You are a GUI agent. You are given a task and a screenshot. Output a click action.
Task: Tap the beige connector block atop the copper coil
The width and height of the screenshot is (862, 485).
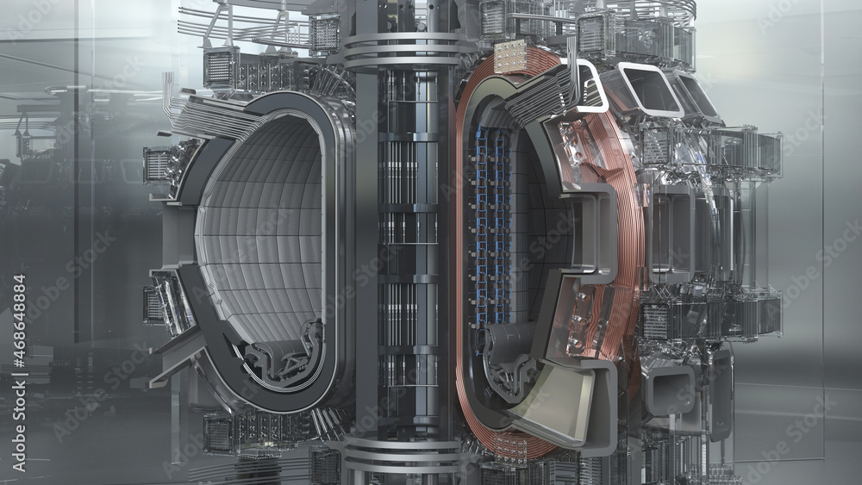510,55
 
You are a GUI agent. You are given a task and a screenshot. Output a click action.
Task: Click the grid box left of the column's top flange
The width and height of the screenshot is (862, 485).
325,33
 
